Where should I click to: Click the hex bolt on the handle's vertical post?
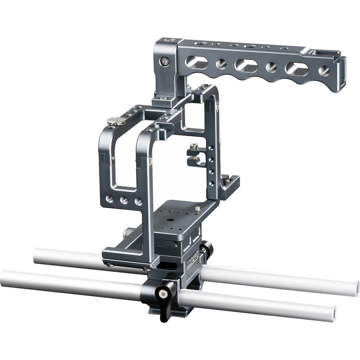pyautogui.click(x=165, y=62)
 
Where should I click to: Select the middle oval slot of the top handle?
pyautogui.click(x=246, y=66)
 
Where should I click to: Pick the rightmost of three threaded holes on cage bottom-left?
pyautogui.click(x=138, y=202)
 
